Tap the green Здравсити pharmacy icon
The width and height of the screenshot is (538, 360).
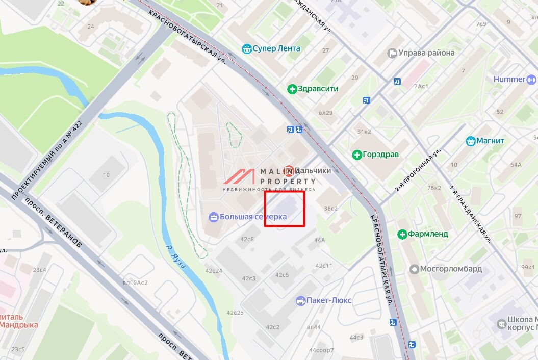click(292, 89)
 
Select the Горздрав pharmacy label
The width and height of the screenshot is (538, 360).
click(380, 155)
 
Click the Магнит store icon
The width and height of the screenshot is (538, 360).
click(471, 141)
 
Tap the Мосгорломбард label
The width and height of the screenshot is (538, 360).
click(451, 269)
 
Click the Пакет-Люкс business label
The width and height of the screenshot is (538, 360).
click(329, 300)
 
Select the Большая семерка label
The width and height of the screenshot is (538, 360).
click(253, 217)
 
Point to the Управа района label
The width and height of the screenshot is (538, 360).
click(426, 53)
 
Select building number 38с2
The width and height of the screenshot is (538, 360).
click(331, 208)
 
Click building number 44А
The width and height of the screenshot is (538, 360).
click(320, 240)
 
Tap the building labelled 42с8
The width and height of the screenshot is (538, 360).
click(247, 239)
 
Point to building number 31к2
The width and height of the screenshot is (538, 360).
click(364, 132)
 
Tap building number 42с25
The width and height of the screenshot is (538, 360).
click(235, 313)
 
